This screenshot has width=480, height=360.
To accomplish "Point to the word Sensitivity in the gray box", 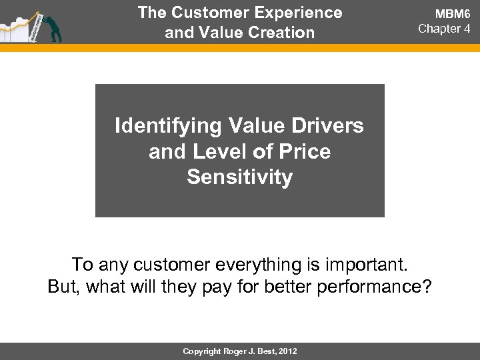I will tap(240, 179).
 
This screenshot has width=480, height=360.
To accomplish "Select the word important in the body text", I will tap(367, 265).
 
